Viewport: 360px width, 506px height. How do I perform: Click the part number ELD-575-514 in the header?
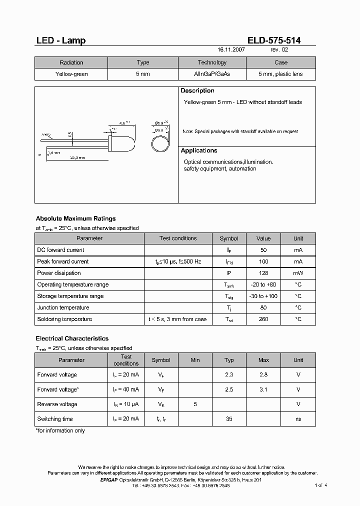pos(274,40)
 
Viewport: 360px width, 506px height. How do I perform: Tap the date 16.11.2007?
pos(231,50)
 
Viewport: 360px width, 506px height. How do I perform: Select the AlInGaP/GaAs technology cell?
pos(212,74)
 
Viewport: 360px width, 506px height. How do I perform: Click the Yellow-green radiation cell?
pos(71,74)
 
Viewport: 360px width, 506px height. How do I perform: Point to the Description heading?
pos(197,91)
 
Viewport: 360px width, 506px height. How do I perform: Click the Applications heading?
pos(199,150)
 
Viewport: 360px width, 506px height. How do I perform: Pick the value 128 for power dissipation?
pos(263,273)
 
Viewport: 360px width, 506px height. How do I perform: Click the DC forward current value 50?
pos(263,250)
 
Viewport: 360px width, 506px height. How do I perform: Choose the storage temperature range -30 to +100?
pos(263,296)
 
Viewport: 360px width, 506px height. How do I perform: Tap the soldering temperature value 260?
pos(263,319)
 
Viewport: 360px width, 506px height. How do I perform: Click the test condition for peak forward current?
pos(178,261)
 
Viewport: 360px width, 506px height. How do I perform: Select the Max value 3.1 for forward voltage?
pos(263,389)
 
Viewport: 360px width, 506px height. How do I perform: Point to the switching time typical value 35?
pos(229,419)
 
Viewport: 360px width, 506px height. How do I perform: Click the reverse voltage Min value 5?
pos(194,404)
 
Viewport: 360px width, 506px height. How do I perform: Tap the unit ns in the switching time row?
pos(298,419)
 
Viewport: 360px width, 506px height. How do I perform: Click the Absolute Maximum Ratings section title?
pos(75,218)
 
